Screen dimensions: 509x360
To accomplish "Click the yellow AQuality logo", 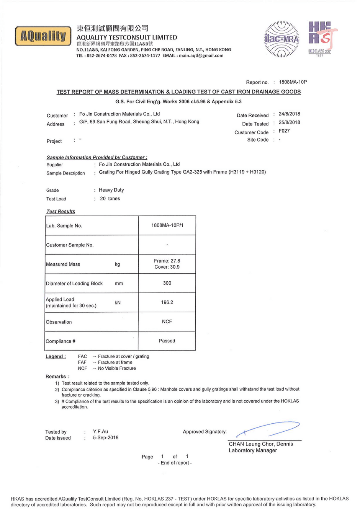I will (43, 36).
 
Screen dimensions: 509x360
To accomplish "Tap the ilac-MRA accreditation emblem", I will (281, 39).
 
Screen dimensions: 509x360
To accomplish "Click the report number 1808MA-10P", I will (293, 82).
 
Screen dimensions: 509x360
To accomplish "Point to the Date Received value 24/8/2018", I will (289, 114).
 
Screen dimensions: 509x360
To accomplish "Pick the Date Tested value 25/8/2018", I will (289, 122).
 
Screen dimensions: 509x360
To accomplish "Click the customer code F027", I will (284, 131).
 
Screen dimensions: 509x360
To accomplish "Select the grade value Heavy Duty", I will (111, 190).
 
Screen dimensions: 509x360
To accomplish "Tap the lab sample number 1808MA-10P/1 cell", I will (167, 225).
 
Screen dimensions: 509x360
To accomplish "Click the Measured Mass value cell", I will (167, 264).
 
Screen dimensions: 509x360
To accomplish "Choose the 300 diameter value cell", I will (167, 283).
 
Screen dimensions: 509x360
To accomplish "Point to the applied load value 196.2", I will (167, 302).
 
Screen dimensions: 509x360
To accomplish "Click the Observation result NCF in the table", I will (167, 321).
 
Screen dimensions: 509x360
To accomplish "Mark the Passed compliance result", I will (167, 341).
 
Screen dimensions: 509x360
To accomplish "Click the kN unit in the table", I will (118, 303).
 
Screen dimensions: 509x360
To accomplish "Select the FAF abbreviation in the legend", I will (82, 362).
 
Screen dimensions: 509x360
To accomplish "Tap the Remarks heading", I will (57, 377).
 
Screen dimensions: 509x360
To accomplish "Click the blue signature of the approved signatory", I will (268, 429).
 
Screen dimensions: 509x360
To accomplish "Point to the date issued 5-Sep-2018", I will (105, 438).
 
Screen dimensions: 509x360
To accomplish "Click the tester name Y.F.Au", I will (100, 431).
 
